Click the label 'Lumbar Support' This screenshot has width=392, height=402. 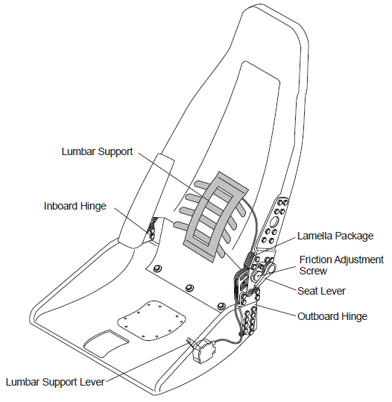[97, 151]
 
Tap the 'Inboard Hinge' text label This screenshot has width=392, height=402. [75, 206]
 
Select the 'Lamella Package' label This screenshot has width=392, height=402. [335, 236]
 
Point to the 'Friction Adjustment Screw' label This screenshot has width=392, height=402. [341, 265]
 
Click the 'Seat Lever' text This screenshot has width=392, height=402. [321, 291]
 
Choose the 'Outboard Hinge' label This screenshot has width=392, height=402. [332, 316]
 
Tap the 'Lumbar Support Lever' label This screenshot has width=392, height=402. [55, 382]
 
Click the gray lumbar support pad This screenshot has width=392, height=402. [215, 216]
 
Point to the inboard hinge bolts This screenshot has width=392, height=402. [151, 230]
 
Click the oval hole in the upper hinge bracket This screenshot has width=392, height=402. [274, 222]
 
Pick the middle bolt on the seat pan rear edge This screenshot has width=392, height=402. [189, 288]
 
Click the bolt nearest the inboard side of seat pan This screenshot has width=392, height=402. [157, 268]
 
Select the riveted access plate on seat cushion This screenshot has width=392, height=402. [152, 321]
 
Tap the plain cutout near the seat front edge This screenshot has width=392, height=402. [106, 343]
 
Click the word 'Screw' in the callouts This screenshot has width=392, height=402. [313, 271]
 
